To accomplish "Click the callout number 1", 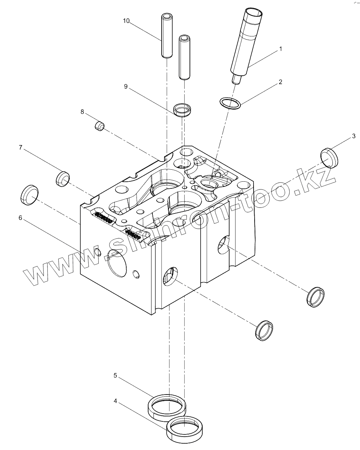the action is tap(281, 49).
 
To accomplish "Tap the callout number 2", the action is tap(280, 82).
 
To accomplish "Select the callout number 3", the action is tap(353, 136).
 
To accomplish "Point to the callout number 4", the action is tap(115, 401).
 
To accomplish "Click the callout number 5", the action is tap(115, 375).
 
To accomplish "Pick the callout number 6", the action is tap(20, 218).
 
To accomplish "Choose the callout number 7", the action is tap(21, 147).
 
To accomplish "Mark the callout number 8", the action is tap(82, 112).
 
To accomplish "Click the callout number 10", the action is tap(126, 21).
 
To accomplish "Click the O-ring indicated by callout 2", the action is tap(231, 103).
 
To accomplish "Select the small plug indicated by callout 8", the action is tap(100, 126).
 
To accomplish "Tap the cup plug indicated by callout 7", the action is tap(63, 179).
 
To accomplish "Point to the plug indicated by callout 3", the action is tap(329, 157).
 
